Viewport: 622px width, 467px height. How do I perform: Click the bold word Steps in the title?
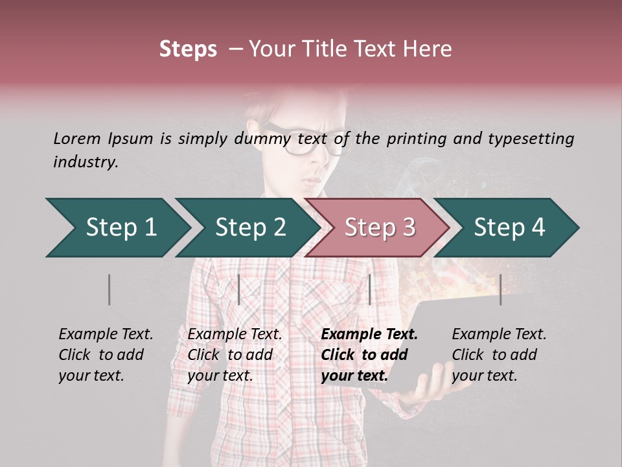point(188,49)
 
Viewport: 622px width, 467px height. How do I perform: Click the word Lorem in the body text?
point(77,138)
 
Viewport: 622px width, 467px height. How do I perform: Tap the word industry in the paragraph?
point(85,162)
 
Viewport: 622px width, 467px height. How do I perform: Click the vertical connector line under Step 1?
point(109,289)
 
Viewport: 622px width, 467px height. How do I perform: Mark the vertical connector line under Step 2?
point(239,289)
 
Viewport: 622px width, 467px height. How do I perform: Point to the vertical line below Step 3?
point(369,289)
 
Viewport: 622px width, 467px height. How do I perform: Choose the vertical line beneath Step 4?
point(500,289)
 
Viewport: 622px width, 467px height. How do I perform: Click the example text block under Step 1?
point(106,355)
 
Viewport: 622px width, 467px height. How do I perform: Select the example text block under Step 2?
point(235,355)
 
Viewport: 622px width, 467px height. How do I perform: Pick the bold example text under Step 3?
point(369,355)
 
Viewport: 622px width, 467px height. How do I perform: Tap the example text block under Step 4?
point(498,355)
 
